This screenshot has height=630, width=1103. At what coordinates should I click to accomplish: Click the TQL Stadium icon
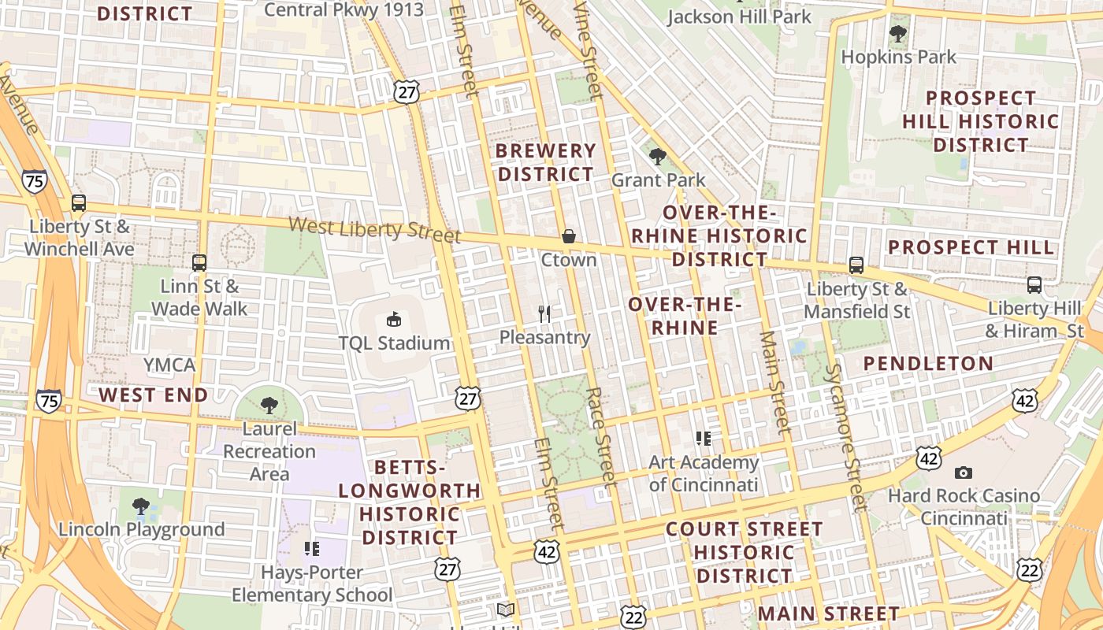point(393,319)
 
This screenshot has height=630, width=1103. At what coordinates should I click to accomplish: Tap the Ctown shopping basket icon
point(568,236)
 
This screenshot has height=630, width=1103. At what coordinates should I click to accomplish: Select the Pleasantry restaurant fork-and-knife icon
point(544,314)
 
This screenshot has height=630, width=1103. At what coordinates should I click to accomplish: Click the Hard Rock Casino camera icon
point(963,472)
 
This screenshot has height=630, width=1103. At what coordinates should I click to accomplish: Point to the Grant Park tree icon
point(658,156)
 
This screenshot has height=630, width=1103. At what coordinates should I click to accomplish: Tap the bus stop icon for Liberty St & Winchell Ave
point(78,202)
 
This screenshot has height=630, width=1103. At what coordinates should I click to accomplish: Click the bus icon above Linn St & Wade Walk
point(199,262)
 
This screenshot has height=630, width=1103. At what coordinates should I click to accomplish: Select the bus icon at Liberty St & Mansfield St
point(856,265)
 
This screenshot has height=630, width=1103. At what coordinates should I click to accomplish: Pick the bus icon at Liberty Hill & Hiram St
point(1034,284)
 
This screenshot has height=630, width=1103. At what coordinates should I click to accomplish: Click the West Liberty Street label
point(374,229)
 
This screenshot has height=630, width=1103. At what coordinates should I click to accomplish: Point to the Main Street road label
point(774,382)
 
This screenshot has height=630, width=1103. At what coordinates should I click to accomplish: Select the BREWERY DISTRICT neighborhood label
point(547,162)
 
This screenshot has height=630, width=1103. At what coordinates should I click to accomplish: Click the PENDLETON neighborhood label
point(928,363)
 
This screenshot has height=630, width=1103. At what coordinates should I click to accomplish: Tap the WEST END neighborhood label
point(154,395)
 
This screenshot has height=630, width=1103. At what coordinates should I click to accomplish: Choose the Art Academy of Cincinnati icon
point(704,438)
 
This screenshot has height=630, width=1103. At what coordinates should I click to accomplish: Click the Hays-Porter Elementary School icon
point(312,548)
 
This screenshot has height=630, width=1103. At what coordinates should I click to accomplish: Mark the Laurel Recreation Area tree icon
point(269,406)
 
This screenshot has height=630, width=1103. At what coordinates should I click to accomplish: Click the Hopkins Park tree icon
point(897,33)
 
